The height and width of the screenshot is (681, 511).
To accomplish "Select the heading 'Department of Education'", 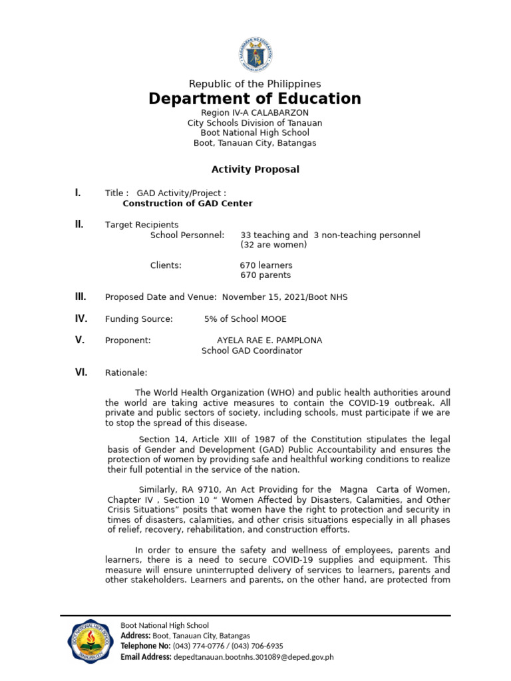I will click(255, 99).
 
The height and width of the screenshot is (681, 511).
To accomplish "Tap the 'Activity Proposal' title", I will click(255, 170).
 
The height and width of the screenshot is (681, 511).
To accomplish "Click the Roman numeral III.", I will click(80, 297).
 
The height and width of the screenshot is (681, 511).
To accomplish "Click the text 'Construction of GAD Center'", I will click(188, 204).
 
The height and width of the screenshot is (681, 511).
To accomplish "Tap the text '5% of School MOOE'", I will click(246, 319).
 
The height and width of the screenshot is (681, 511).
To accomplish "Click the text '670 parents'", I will click(265, 275).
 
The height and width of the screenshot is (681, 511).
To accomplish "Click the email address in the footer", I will click(254, 657).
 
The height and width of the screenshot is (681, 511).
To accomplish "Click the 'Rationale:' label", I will click(126, 373).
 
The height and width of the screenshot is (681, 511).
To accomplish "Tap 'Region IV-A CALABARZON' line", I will click(255, 113).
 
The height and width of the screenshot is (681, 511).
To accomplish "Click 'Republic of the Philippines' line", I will click(255, 84).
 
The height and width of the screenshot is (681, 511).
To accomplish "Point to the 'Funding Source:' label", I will click(138, 319).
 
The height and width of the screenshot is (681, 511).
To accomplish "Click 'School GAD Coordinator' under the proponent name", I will click(252, 350).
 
